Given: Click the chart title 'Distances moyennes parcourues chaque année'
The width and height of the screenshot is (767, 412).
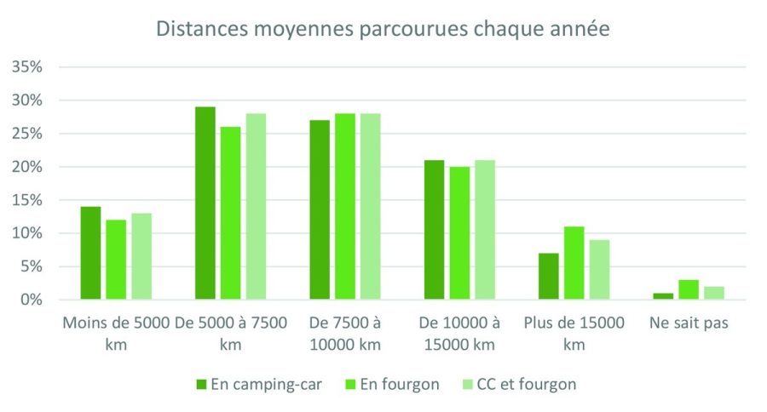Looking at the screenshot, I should (x=383, y=28).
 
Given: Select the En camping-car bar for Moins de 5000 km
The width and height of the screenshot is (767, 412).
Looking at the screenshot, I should (x=90, y=253).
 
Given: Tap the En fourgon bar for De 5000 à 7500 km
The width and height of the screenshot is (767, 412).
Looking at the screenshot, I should (x=230, y=213).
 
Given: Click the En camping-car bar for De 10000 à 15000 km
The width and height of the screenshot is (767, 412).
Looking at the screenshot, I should (x=434, y=230).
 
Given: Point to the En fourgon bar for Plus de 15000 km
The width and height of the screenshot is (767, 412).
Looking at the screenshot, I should (x=574, y=263).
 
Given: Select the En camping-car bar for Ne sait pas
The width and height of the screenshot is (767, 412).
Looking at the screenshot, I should (x=663, y=296).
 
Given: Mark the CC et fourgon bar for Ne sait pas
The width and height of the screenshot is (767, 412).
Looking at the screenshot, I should (x=714, y=293).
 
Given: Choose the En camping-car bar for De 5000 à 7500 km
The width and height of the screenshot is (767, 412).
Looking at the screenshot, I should (x=205, y=203).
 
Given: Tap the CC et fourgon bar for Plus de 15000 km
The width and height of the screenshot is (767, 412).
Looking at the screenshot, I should (x=599, y=270).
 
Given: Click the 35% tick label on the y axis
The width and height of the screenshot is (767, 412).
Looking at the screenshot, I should (x=26, y=67).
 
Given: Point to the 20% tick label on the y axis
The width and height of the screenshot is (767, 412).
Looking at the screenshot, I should (x=26, y=167).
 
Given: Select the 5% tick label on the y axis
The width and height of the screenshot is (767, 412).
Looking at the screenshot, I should (x=30, y=266).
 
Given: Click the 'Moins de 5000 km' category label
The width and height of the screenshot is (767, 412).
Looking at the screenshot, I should (x=116, y=334).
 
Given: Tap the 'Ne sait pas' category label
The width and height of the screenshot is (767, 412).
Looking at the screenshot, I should (x=689, y=323).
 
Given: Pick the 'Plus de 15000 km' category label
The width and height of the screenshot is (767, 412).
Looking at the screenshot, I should (x=574, y=334).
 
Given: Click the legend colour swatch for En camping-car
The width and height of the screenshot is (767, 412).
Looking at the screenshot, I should (x=200, y=384).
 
